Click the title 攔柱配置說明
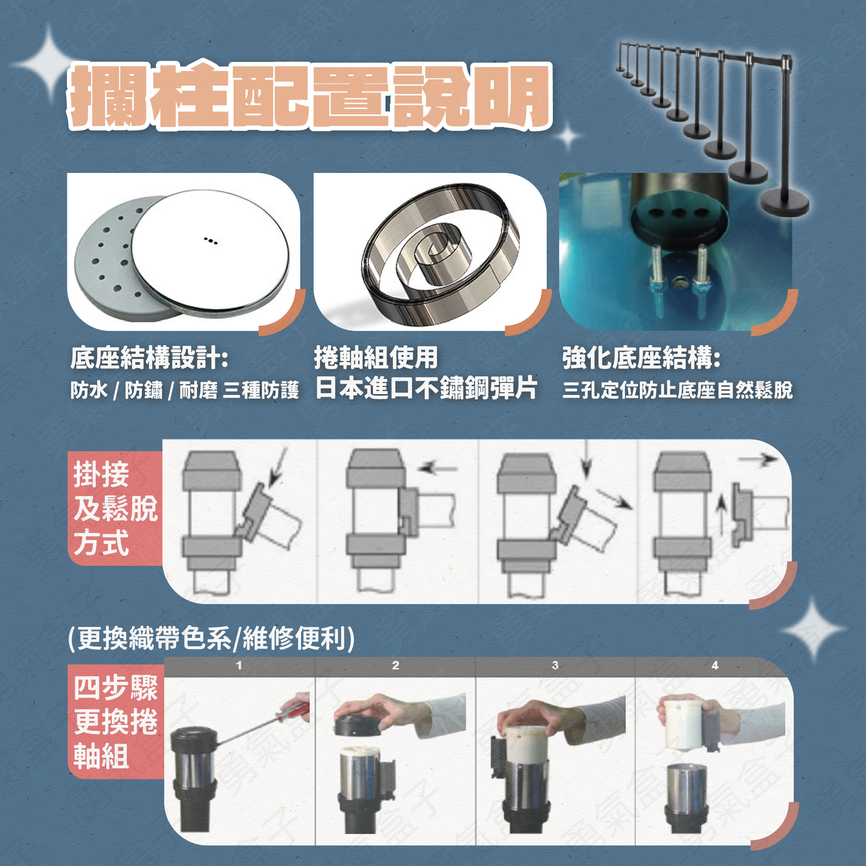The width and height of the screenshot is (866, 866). tap(310, 96)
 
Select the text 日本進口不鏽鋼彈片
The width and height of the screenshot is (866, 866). tap(426, 388)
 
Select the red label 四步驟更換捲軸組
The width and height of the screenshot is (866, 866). tap(115, 722)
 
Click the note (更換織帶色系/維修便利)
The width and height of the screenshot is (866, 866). tap(211, 638)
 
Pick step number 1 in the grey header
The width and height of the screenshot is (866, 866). tap(239, 666)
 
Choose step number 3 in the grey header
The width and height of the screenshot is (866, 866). tap(555, 666)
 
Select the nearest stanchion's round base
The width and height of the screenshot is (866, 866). tap(785, 203)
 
